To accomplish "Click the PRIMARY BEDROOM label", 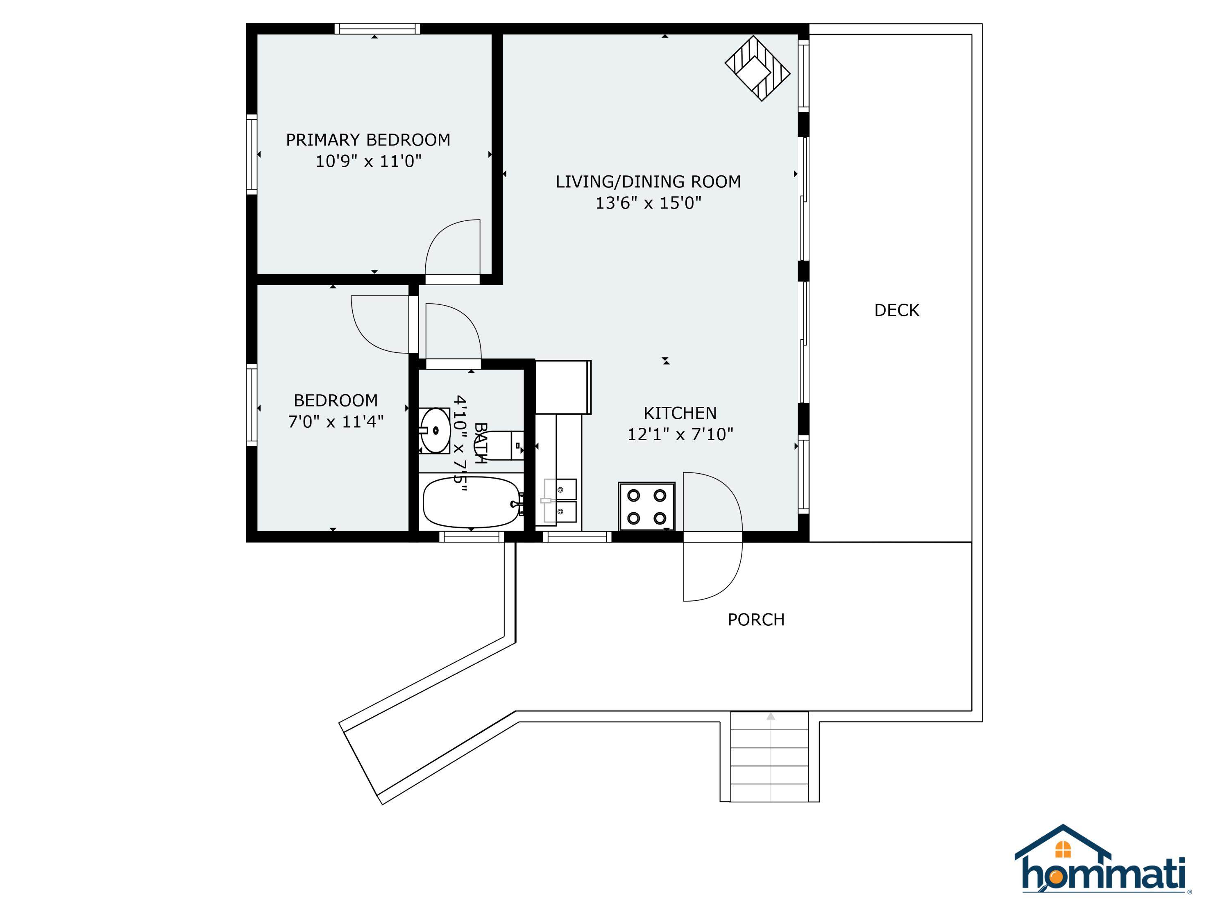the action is coord(368,140).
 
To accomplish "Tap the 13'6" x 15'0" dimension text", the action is coord(649,203).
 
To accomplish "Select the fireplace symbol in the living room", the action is coord(757,68).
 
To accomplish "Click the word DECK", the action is coord(897,310).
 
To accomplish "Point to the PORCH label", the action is coord(756,620).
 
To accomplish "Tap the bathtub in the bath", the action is coord(472,502).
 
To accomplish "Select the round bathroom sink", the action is coord(435,430).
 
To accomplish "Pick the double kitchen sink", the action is coord(560,501).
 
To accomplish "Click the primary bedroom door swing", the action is coord(452,248).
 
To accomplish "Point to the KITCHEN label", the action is coord(680,413).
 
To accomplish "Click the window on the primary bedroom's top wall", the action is coord(377,29).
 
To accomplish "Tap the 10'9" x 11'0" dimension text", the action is coord(368,161).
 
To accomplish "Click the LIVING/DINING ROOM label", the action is coord(649,182).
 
